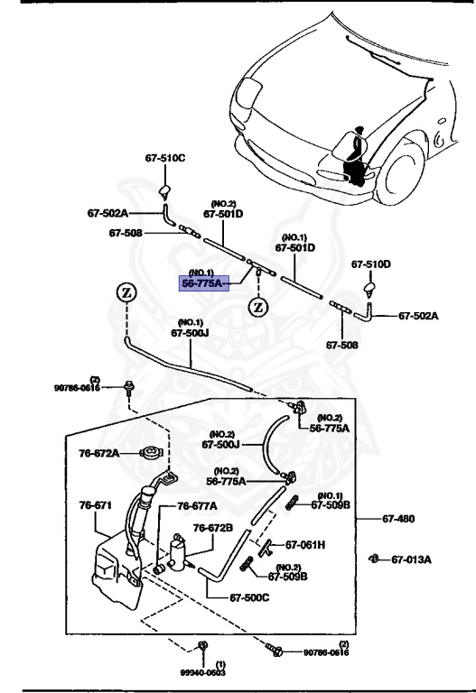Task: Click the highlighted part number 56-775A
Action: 205,282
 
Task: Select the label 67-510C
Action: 164,158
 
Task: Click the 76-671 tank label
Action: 96,505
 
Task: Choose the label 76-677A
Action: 197,506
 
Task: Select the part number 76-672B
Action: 213,527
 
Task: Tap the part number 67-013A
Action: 411,559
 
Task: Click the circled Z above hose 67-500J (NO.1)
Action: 126,293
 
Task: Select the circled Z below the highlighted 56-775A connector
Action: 258,306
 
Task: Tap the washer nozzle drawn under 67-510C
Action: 165,189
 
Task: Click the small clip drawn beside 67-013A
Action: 373,559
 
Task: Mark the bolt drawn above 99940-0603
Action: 202,646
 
